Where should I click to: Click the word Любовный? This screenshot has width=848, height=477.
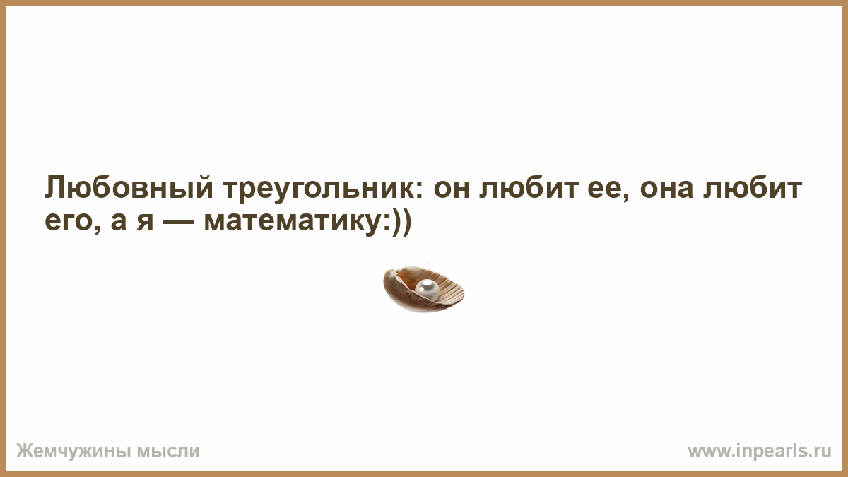pyautogui.click(x=129, y=188)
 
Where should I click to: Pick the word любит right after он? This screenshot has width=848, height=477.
pyautogui.click(x=529, y=188)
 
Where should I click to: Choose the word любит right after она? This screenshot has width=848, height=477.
pyautogui.click(x=752, y=188)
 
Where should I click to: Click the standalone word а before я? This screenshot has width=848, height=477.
pyautogui.click(x=119, y=222)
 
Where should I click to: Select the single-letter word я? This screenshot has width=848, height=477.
pyautogui.click(x=145, y=222)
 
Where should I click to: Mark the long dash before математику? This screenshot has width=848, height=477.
pyautogui.click(x=179, y=222)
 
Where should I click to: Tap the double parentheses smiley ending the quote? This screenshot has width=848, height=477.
pyautogui.click(x=401, y=223)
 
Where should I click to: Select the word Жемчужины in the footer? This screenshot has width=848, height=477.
pyautogui.click(x=73, y=451)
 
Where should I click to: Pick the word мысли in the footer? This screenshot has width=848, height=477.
pyautogui.click(x=168, y=452)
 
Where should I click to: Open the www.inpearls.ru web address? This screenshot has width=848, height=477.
pyautogui.click(x=760, y=452)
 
